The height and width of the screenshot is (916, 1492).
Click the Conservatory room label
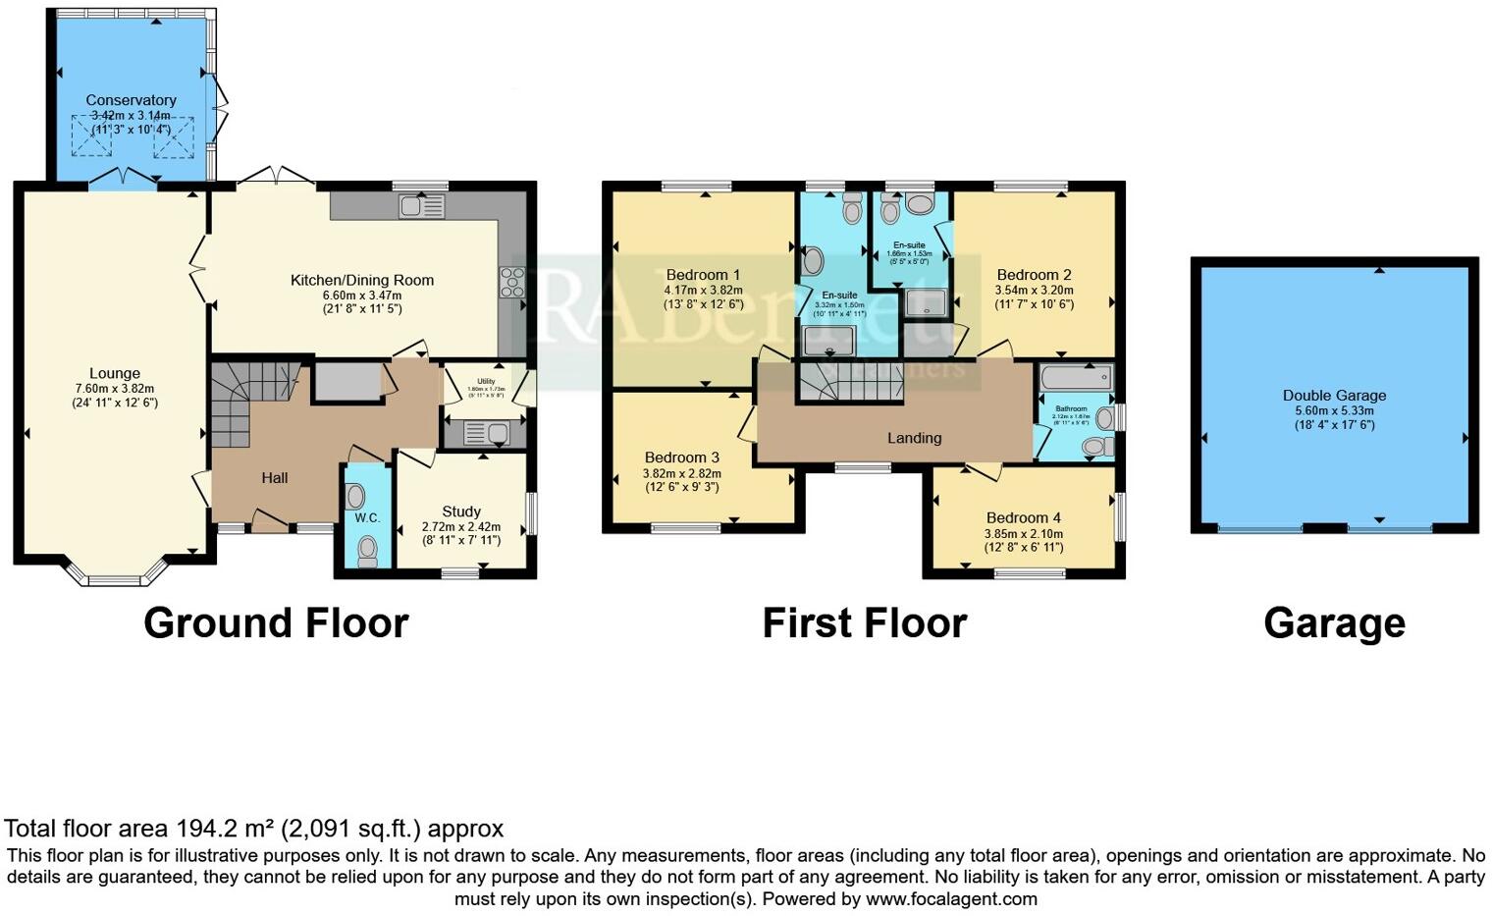pyautogui.click(x=131, y=100)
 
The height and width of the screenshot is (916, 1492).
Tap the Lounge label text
pyautogui.click(x=115, y=373)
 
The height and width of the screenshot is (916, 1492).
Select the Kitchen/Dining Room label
pyautogui.click(x=362, y=280)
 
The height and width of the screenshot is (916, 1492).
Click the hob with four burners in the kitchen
pyautogui.click(x=511, y=282)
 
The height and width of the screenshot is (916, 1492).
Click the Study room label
pyautogui.click(x=461, y=512)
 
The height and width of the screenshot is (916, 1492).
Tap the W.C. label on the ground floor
pyautogui.click(x=367, y=517)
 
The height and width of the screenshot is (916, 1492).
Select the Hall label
pyautogui.click(x=275, y=478)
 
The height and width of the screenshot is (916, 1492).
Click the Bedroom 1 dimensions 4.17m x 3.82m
pyautogui.click(x=703, y=291)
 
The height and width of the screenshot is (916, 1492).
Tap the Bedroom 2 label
pyautogui.click(x=1034, y=275)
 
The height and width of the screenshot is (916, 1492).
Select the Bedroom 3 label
pyautogui.click(x=681, y=458)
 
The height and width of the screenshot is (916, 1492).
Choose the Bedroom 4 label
pyautogui.click(x=1024, y=518)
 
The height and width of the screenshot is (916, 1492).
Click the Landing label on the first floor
pyautogui.click(x=914, y=438)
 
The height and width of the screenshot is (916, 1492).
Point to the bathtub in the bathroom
pyautogui.click(x=1076, y=377)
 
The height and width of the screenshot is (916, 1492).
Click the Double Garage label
pyautogui.click(x=1334, y=396)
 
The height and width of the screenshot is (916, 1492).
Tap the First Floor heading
pyautogui.click(x=864, y=623)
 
